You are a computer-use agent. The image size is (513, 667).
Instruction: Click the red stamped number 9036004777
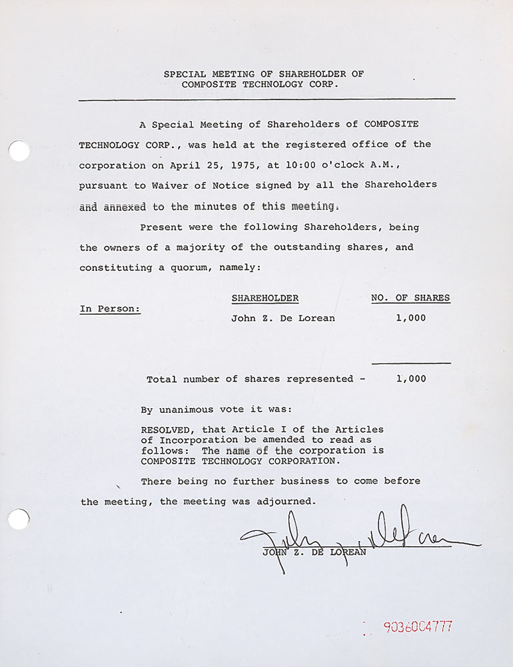tap(418, 627)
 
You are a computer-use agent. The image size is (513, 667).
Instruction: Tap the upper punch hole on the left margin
tap(19, 151)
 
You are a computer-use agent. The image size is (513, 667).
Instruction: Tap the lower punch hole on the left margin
tap(19, 518)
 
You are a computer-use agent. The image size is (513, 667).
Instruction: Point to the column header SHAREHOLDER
tap(264, 298)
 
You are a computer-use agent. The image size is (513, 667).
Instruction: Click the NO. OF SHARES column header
tap(410, 298)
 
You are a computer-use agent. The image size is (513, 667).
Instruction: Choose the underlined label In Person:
tap(110, 309)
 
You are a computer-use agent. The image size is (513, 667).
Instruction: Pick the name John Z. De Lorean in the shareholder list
tap(282, 318)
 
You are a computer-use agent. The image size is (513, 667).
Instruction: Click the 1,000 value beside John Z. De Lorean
tap(410, 318)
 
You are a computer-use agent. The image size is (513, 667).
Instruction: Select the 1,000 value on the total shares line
tap(410, 379)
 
